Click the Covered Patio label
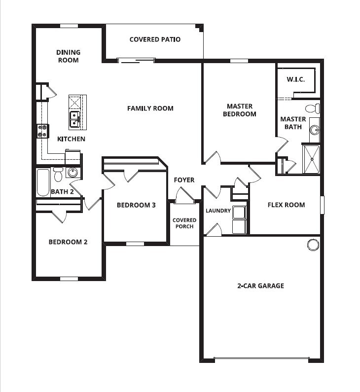(155, 39)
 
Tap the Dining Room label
(68, 56)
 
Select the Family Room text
(150, 108)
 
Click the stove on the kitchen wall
(42, 130)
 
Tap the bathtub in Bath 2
(43, 182)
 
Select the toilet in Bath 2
(58, 174)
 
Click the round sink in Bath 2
(72, 173)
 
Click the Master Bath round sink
(314, 130)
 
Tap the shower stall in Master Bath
(311, 159)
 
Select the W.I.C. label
(296, 79)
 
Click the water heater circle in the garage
(313, 245)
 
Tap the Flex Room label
(286, 205)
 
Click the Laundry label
(218, 211)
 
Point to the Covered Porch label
(184, 223)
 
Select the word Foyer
(184, 180)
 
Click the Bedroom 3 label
(136, 205)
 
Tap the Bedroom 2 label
(68, 242)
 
